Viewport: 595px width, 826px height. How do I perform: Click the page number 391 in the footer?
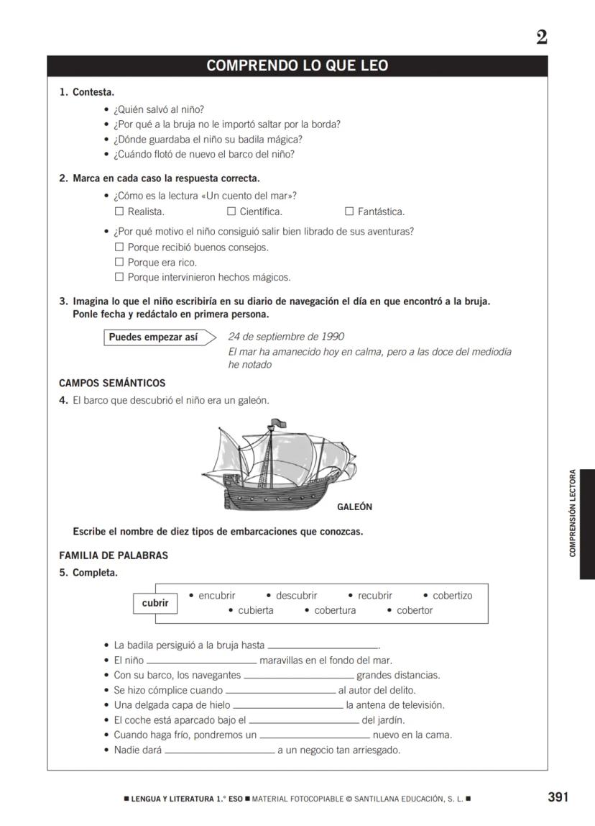[x=558, y=797]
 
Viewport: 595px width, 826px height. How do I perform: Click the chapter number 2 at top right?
[x=541, y=37]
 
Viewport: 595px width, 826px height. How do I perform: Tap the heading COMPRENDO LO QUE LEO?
[x=297, y=66]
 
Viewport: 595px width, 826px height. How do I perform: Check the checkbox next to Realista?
[x=119, y=212]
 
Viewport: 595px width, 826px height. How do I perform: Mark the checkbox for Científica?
[x=231, y=212]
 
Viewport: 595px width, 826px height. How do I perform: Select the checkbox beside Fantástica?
[x=349, y=212]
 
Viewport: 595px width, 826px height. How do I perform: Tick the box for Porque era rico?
[x=119, y=263]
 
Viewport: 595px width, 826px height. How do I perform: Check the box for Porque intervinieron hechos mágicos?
[x=119, y=278]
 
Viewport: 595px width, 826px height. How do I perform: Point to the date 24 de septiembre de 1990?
[x=285, y=337]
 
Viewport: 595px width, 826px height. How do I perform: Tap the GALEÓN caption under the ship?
[x=354, y=507]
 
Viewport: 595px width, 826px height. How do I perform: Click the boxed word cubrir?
[x=155, y=603]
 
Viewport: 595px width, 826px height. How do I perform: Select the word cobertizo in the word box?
[x=452, y=596]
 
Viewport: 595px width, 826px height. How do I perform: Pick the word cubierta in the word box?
[x=255, y=611]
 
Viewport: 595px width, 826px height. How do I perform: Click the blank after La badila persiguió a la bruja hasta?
[x=323, y=646]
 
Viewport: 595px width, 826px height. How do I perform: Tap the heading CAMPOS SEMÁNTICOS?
[x=112, y=383]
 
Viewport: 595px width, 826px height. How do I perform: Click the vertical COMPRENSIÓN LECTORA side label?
[x=573, y=513]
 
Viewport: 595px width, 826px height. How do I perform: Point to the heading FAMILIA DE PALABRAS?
[x=114, y=555]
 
